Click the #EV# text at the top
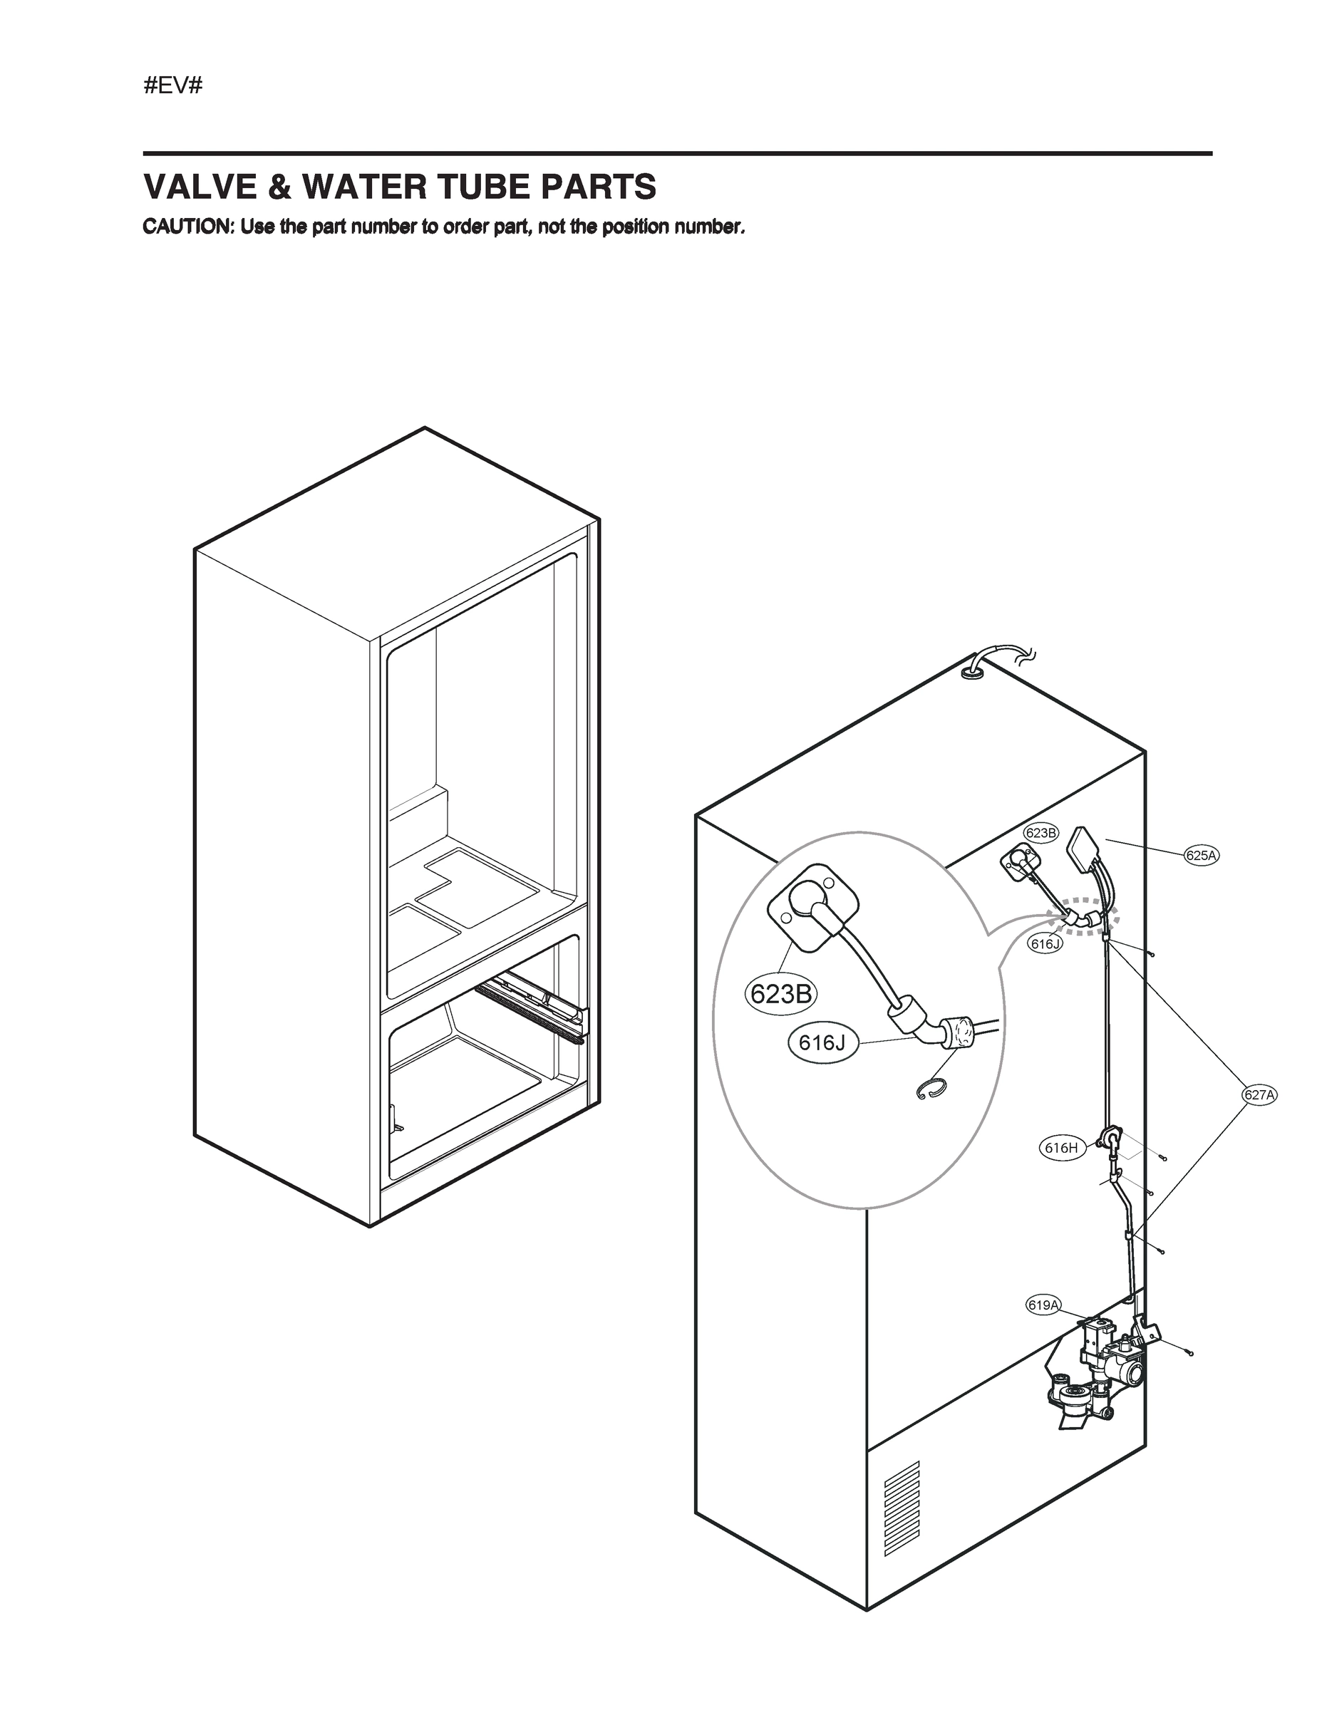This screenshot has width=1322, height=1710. pyautogui.click(x=172, y=86)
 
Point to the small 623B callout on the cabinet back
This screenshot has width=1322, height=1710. pyautogui.click(x=1040, y=833)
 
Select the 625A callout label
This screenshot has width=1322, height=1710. pyautogui.click(x=1201, y=856)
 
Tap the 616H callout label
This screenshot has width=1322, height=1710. pyautogui.click(x=1061, y=1149)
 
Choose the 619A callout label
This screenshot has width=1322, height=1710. pyautogui.click(x=1043, y=1305)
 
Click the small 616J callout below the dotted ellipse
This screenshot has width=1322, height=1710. pyautogui.click(x=1045, y=944)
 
